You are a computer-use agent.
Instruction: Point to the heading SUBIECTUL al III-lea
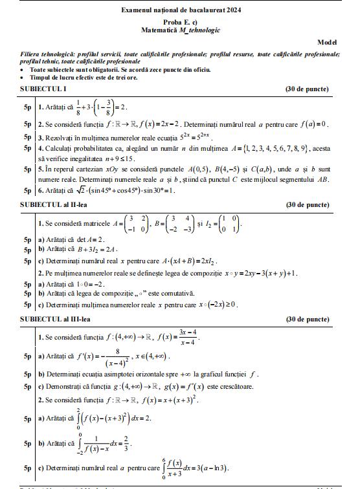click(54, 319)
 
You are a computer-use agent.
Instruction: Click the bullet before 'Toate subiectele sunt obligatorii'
click(23, 69)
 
